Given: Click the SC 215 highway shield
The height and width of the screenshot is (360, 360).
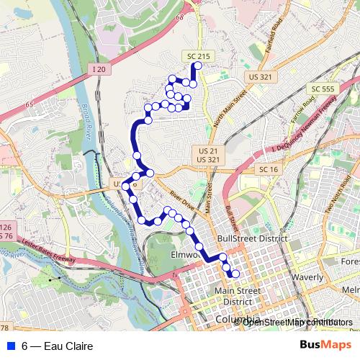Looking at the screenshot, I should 192,55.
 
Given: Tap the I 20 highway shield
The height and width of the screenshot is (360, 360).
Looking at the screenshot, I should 100,68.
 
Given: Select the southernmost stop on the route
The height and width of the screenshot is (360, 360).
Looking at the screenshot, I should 235,274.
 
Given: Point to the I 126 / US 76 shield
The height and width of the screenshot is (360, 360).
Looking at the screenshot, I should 6,231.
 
